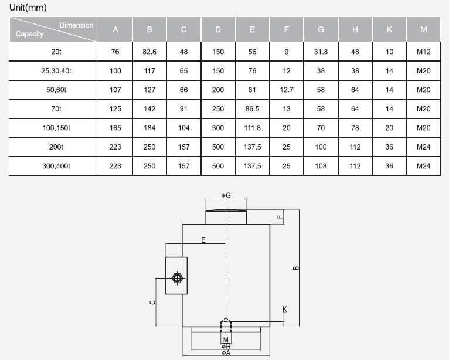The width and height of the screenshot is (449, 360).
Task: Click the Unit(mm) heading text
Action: pyautogui.click(x=28, y=7)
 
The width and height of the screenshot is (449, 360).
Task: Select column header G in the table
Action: pyautogui.click(x=321, y=29)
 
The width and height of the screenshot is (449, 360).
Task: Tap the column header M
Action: pyautogui.click(x=424, y=29)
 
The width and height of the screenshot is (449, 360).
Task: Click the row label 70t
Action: pyautogui.click(x=56, y=109)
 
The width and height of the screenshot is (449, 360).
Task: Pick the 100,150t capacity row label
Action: pyautogui.click(x=56, y=128)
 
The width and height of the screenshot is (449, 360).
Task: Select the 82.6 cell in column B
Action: pyautogui.click(x=149, y=52)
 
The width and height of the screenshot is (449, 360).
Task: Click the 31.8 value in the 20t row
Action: pyautogui.click(x=321, y=52)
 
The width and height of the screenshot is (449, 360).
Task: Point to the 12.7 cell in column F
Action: pyautogui.click(x=287, y=90)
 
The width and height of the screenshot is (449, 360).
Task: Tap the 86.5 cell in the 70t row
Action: pyautogui.click(x=252, y=109)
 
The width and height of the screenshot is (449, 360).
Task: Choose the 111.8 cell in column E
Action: pyautogui.click(x=252, y=128)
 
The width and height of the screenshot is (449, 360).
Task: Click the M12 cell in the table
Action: pyautogui.click(x=424, y=52)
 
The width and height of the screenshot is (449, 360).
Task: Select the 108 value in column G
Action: pyautogui.click(x=321, y=166)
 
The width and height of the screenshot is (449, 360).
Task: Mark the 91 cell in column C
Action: pyautogui.click(x=183, y=109)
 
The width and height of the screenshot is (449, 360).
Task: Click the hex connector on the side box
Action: pyautogui.click(x=177, y=278)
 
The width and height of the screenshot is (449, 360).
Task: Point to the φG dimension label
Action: pyautogui.click(x=226, y=195)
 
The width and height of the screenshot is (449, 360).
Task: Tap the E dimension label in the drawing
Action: pyautogui.click(x=203, y=240)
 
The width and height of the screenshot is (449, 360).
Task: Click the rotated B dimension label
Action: pyautogui.click(x=296, y=268)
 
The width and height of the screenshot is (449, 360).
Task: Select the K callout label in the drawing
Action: pyautogui.click(x=285, y=309)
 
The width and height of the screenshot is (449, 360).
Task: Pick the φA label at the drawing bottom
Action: pyautogui.click(x=226, y=353)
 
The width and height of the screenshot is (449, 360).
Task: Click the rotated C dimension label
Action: pyautogui.click(x=152, y=303)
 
